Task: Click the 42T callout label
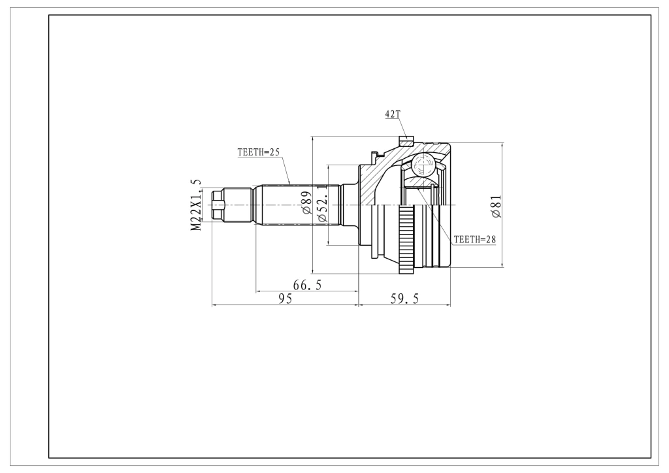coord(393,114)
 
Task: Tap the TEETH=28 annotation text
coord(474,240)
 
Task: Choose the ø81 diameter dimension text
coord(497,207)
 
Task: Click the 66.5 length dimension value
coord(307,285)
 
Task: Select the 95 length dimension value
coord(285,299)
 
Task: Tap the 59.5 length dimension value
coord(404,299)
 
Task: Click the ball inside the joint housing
coord(423,165)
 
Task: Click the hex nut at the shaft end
coord(218,205)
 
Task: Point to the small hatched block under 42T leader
coord(406,140)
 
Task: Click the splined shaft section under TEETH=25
coord(301,205)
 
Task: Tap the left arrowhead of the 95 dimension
coord(215,305)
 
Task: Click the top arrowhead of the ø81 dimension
coord(502,146)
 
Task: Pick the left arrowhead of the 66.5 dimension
coord(259,292)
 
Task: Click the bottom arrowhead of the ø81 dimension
coord(502,264)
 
